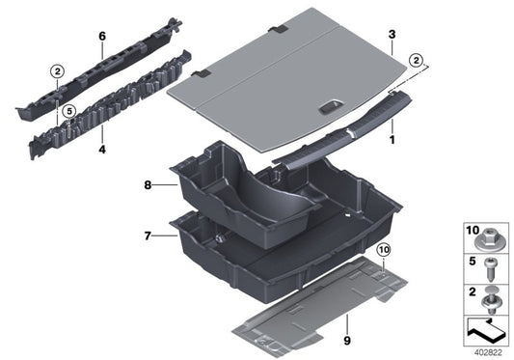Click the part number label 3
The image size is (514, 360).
[391, 35]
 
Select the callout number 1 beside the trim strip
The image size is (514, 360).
[392, 140]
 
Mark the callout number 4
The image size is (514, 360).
[100, 152]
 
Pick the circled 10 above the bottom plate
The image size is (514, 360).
[383, 253]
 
